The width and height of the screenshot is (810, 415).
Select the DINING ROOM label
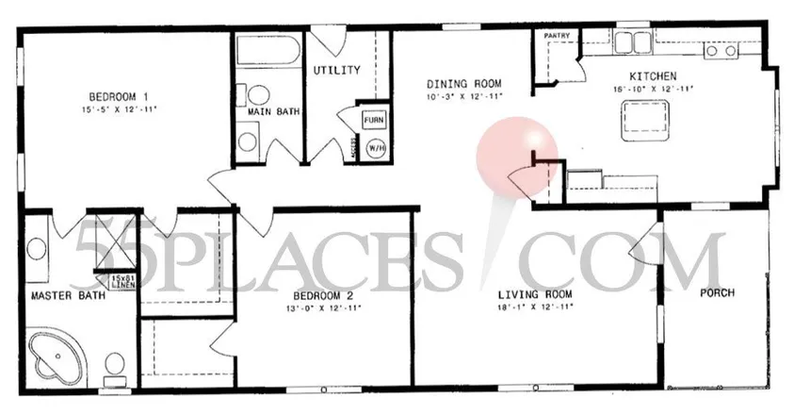click(462, 83)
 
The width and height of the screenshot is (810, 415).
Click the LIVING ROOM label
click(536, 293)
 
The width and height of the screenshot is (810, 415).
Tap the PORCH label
click(717, 292)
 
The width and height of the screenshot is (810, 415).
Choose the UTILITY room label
click(337, 70)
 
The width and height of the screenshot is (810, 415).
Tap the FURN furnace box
click(373, 121)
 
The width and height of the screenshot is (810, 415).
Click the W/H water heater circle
click(374, 148)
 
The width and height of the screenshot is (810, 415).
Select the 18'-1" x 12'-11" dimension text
click(536, 306)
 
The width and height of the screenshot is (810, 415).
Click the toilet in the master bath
click(115, 366)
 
